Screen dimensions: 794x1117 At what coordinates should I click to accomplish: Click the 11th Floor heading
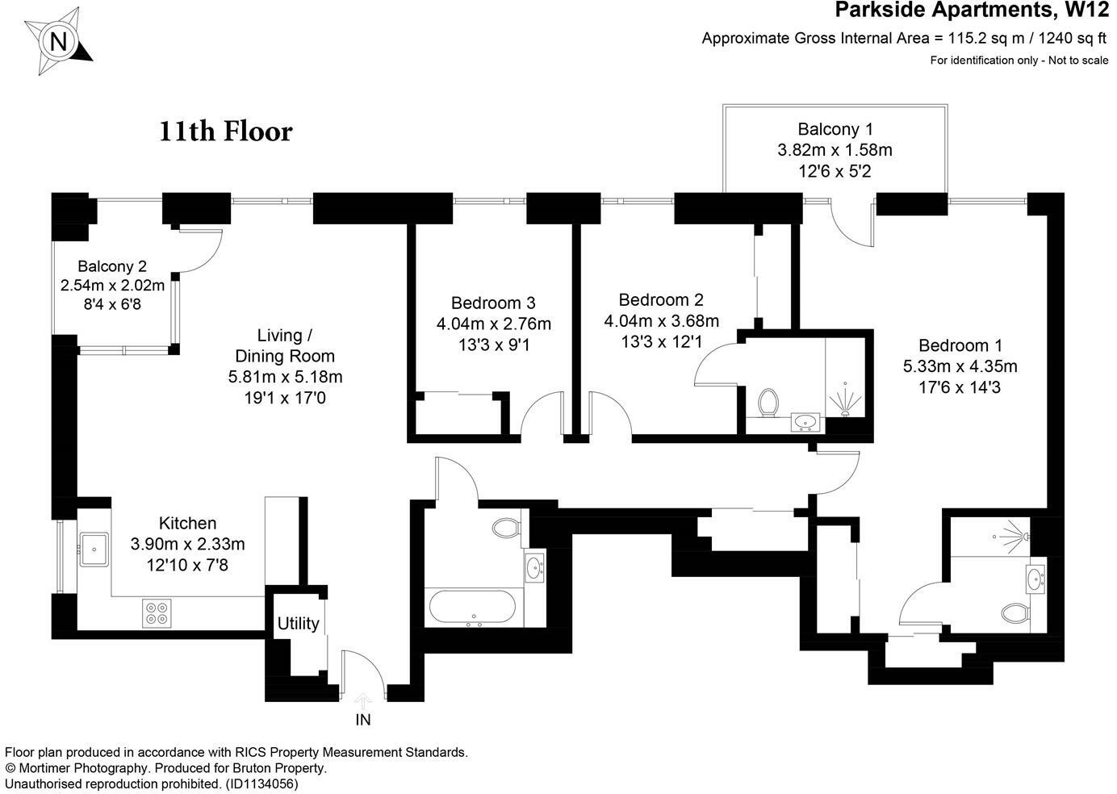point(225,131)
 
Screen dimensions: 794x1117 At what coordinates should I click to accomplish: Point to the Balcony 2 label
point(112,266)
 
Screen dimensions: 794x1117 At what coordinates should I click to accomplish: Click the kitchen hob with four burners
point(156,612)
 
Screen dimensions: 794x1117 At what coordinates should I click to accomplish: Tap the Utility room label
point(298,624)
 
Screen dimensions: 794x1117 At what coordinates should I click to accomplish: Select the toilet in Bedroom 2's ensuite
point(768,401)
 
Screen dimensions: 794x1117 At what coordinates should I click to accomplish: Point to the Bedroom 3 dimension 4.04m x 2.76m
point(493,324)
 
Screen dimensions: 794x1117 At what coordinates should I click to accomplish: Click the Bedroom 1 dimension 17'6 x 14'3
point(960,387)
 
